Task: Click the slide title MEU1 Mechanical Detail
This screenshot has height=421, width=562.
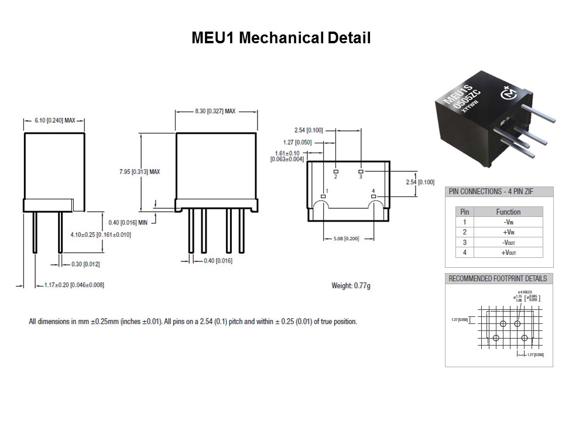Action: click(x=281, y=39)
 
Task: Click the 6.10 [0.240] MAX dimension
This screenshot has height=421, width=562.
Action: click(x=54, y=120)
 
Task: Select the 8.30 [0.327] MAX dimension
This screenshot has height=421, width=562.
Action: click(x=215, y=111)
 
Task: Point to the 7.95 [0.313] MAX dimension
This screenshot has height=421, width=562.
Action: click(x=139, y=171)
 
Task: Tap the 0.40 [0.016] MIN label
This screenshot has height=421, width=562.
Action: click(x=129, y=223)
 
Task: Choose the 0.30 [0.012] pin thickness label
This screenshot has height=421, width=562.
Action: click(x=85, y=264)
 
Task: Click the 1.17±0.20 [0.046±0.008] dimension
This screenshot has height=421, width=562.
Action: click(x=74, y=285)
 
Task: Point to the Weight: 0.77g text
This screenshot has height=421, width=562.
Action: click(x=351, y=286)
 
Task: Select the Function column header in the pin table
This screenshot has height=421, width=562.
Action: click(x=508, y=212)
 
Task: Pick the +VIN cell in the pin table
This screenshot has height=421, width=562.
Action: click(x=508, y=232)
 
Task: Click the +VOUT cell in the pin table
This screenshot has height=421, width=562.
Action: click(x=508, y=253)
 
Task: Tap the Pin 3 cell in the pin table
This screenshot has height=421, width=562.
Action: click(x=464, y=242)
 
